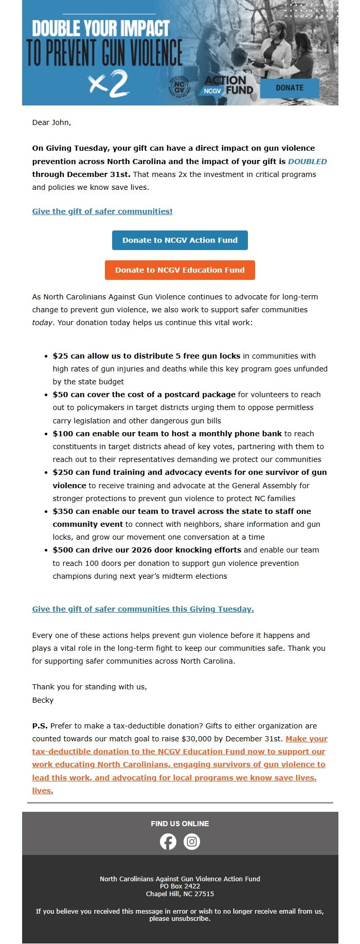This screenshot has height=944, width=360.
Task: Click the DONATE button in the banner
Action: click(x=290, y=88)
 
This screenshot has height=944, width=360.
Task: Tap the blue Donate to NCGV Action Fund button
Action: click(x=180, y=240)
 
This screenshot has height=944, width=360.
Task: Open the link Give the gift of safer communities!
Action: click(x=102, y=211)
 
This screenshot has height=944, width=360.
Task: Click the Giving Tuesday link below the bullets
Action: click(x=143, y=609)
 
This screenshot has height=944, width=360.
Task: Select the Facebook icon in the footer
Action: click(x=168, y=842)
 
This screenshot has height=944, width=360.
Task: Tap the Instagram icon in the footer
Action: click(x=192, y=842)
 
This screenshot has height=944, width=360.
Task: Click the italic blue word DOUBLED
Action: click(x=307, y=162)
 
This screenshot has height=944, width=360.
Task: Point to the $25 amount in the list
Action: click(x=60, y=356)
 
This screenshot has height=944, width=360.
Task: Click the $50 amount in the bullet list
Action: click(x=60, y=395)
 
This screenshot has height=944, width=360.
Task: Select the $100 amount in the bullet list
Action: click(x=62, y=434)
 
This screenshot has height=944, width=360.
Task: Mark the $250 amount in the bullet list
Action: click(x=62, y=472)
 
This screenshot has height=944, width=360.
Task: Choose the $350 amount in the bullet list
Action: click(x=62, y=511)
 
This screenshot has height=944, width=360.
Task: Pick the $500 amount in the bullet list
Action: click(x=62, y=550)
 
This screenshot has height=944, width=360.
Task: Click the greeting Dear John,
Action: click(x=51, y=122)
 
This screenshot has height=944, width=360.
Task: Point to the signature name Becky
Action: click(x=43, y=700)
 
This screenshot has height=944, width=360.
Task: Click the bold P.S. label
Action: click(x=40, y=726)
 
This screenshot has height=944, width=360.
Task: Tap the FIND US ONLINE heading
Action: click(x=180, y=824)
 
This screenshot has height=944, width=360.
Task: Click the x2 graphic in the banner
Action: click(x=109, y=84)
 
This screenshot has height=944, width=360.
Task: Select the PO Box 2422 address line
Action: click(x=180, y=886)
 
